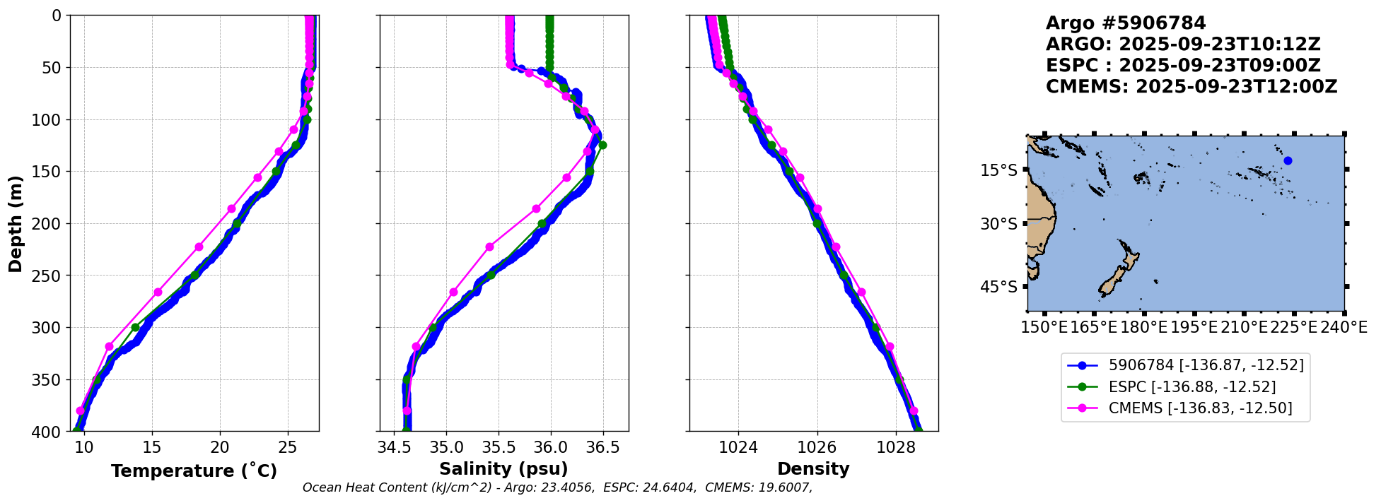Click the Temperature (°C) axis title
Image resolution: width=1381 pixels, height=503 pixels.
[x=194, y=471]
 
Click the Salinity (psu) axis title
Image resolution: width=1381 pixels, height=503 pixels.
[x=503, y=469]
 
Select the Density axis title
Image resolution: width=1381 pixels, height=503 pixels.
[x=813, y=469]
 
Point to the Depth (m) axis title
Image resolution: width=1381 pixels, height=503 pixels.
[x=16, y=223]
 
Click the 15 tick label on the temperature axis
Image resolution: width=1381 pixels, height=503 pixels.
[x=152, y=447]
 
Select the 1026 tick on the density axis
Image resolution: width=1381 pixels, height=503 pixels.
[x=817, y=447]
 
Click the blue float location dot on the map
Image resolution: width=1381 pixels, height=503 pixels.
[x=1288, y=160]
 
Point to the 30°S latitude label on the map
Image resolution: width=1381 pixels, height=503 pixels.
[x=1000, y=224]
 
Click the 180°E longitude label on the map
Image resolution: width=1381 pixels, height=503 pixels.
[x=1143, y=328]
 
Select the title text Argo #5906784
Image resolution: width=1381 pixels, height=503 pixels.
[x=1126, y=23]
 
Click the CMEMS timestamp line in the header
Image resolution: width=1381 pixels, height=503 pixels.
[x=1191, y=87]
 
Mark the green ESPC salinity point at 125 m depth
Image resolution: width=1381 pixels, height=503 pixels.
[x=602, y=145]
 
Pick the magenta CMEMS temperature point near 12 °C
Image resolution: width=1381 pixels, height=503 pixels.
[x=109, y=346]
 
